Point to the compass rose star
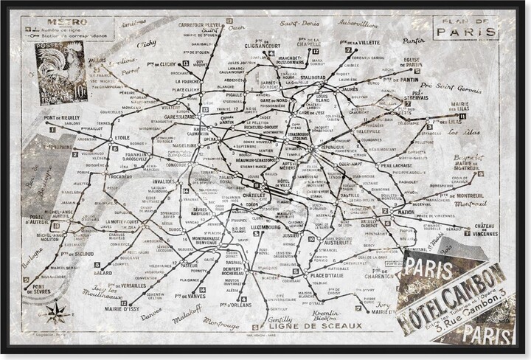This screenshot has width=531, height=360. click(x=55, y=313)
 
